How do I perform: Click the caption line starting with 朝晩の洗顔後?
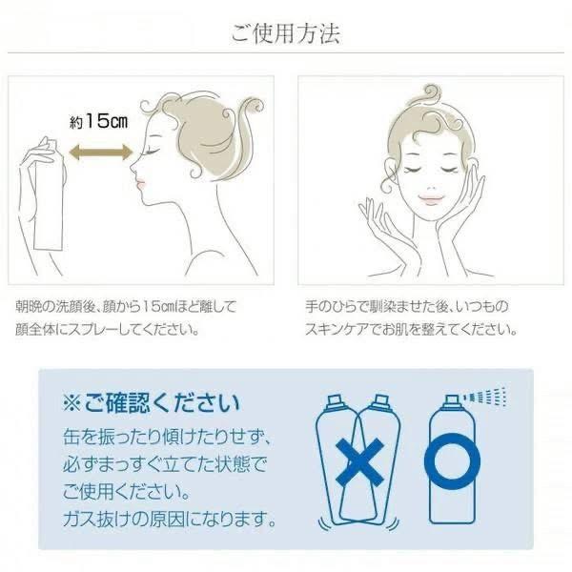point(125,307)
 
